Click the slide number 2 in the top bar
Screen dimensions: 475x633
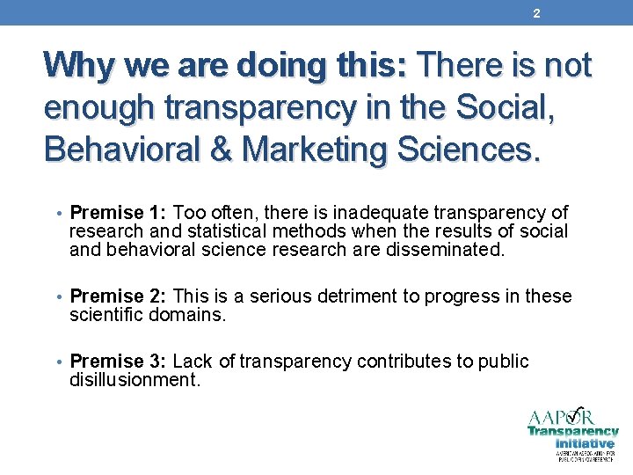[x=536, y=12]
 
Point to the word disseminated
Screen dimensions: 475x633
[x=446, y=249]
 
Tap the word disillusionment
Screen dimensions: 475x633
[x=132, y=379]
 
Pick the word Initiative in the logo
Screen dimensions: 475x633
[x=585, y=443]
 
